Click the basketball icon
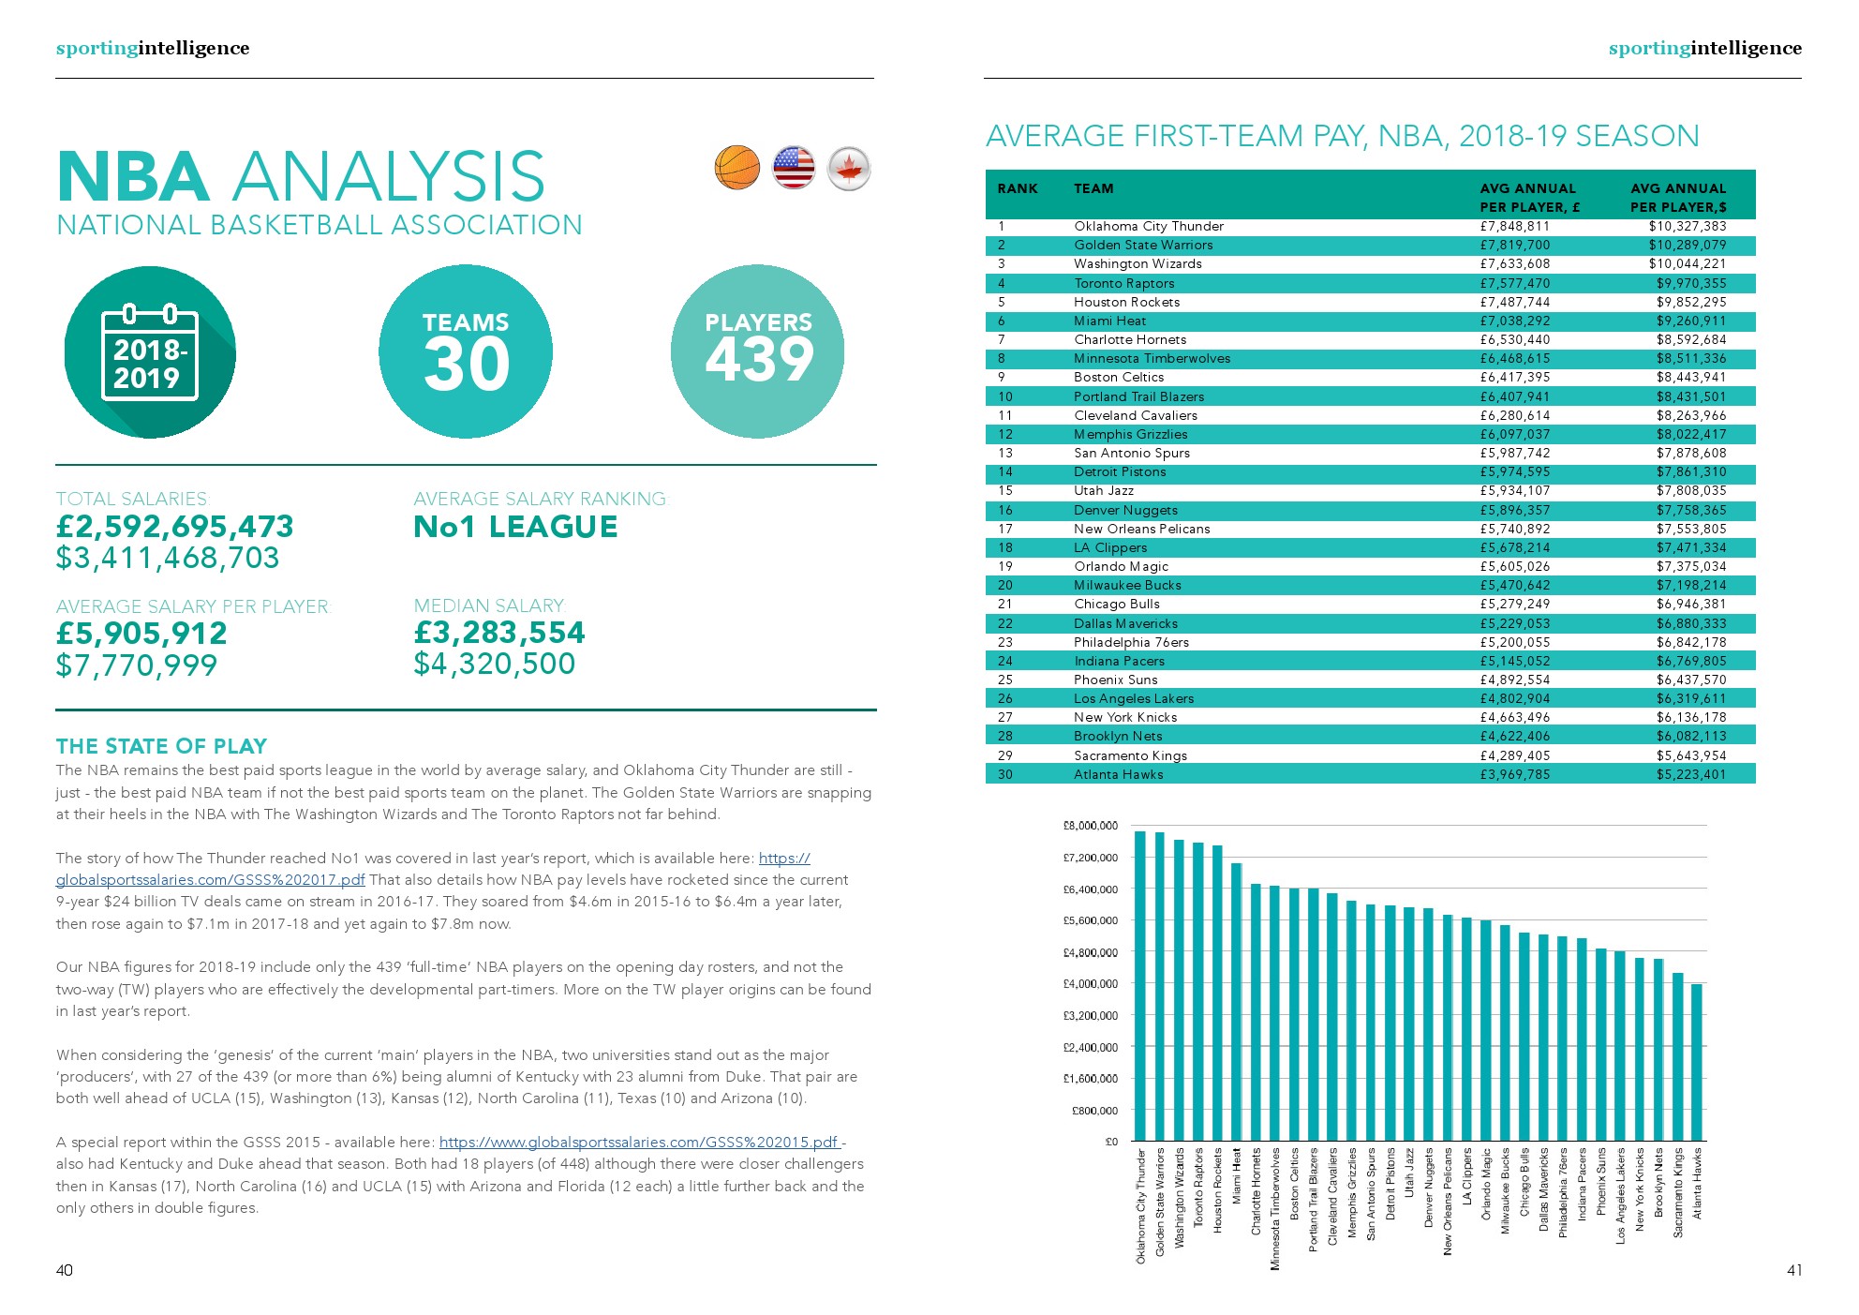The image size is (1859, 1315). (736, 168)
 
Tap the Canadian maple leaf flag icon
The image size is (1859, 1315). (849, 169)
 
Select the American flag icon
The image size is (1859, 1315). (793, 168)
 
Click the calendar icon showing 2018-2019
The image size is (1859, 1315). (149, 352)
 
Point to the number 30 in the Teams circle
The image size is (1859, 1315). (466, 365)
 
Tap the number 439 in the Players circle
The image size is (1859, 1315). (758, 360)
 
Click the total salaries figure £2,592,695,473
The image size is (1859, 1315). (175, 527)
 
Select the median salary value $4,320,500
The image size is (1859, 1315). (494, 664)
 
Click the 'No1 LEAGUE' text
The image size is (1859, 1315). (515, 527)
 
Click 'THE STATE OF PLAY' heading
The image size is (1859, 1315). (161, 746)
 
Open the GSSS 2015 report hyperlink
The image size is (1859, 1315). (639, 1142)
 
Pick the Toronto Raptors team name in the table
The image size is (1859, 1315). (1123, 283)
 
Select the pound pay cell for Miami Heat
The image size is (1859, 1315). (1514, 321)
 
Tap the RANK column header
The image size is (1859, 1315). (1017, 188)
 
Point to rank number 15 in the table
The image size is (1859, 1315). (1004, 490)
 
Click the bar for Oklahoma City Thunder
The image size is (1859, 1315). (1140, 984)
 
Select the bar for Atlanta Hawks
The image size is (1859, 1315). (1696, 1062)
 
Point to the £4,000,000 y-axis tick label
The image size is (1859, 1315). (1090, 984)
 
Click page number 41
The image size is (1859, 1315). (1793, 1270)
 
